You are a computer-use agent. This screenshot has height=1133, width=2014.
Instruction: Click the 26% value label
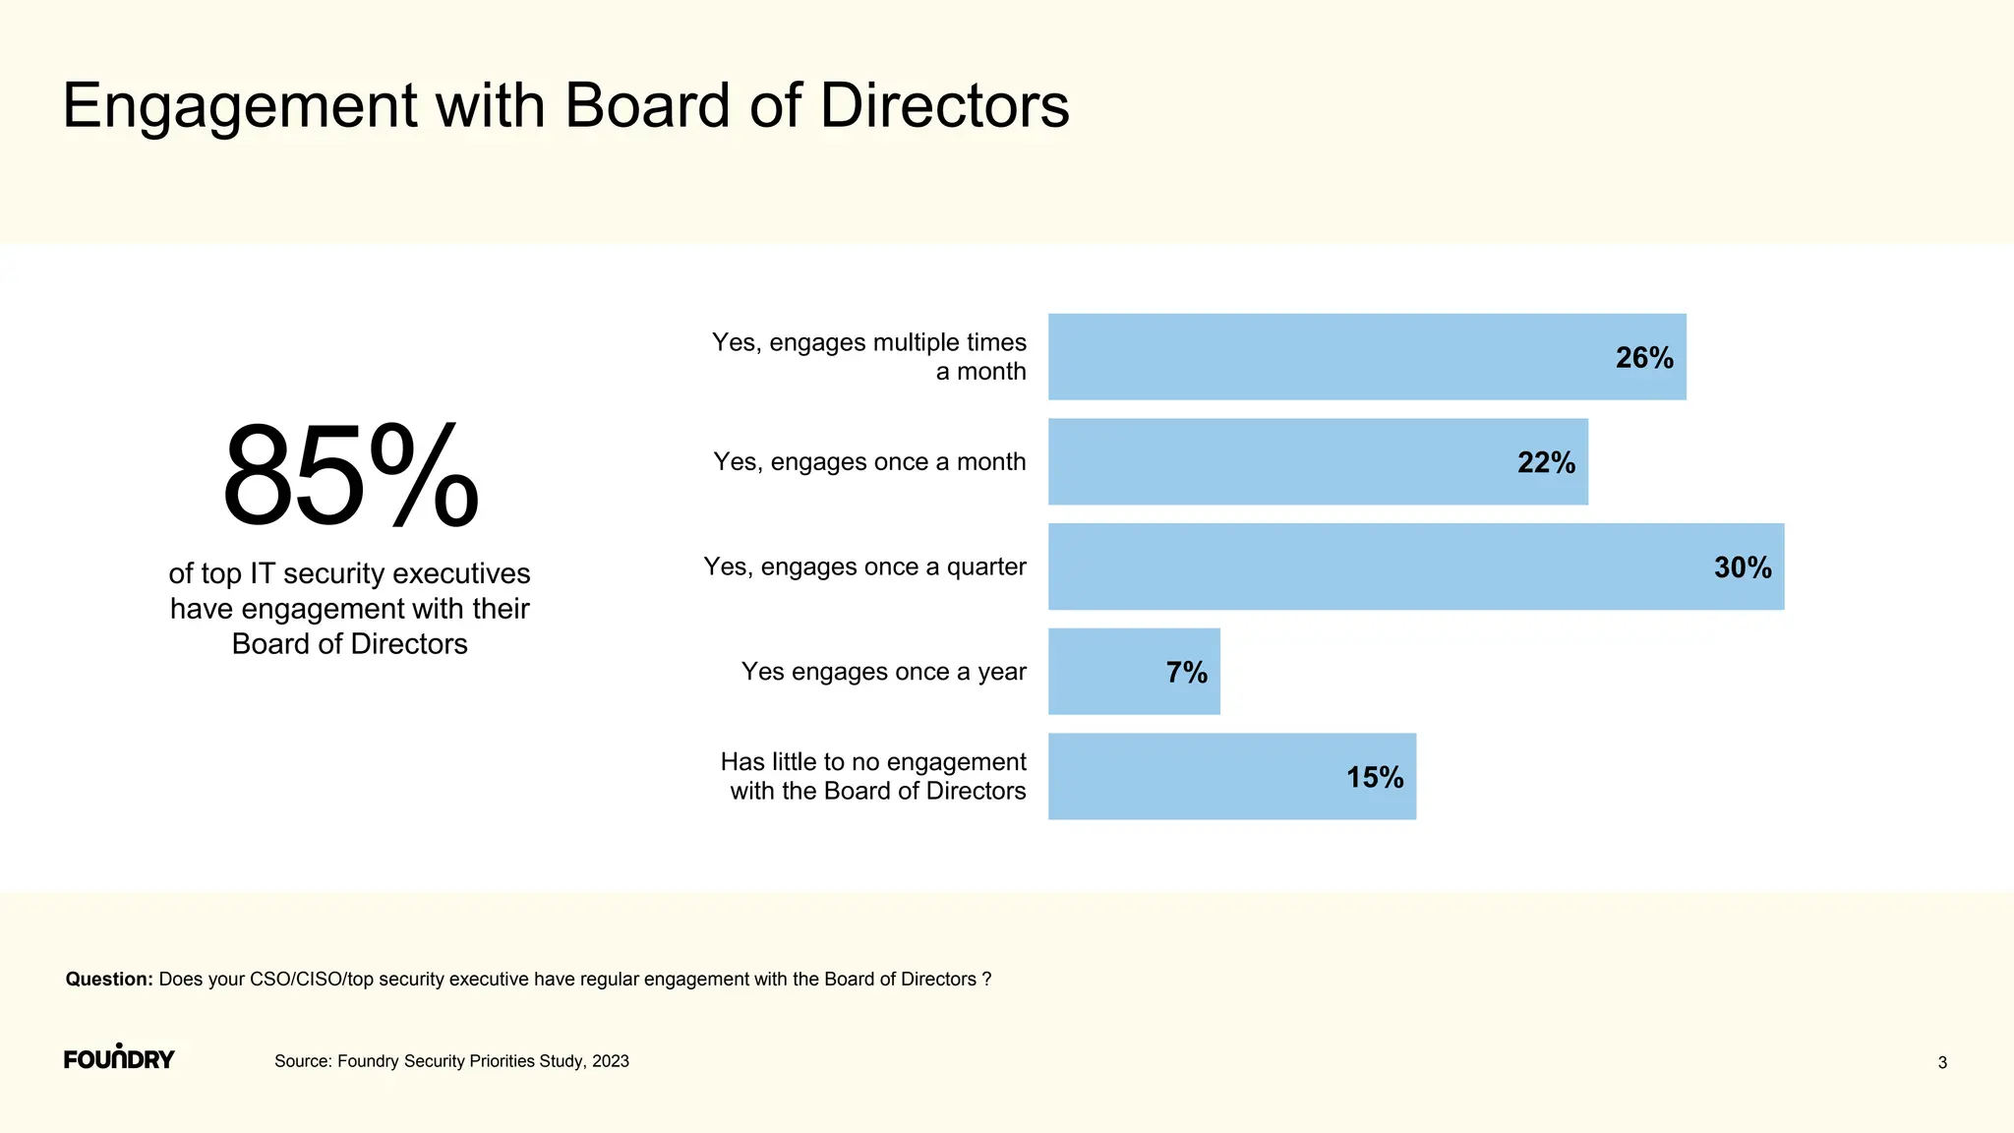pyautogui.click(x=1644, y=358)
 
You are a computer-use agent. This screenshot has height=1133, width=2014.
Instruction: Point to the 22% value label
pyautogui.click(x=1546, y=463)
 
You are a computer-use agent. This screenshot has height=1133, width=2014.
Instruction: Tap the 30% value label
pyautogui.click(x=1743, y=568)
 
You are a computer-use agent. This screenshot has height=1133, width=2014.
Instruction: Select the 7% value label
pyautogui.click(x=1186, y=673)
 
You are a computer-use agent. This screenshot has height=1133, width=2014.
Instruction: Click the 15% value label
pyautogui.click(x=1375, y=778)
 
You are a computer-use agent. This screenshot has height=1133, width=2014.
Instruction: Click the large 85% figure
pyautogui.click(x=350, y=477)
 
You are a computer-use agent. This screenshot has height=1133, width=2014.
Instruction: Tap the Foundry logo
pyautogui.click(x=119, y=1058)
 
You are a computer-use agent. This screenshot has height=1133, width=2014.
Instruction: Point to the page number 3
pyautogui.click(x=1942, y=1062)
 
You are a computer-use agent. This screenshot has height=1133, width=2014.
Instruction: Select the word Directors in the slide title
pyautogui.click(x=944, y=105)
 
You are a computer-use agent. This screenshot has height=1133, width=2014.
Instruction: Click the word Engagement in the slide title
pyautogui.click(x=240, y=106)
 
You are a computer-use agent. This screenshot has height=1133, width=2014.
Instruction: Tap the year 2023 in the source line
pyautogui.click(x=611, y=1061)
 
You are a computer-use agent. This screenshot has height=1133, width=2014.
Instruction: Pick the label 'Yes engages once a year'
pyautogui.click(x=883, y=672)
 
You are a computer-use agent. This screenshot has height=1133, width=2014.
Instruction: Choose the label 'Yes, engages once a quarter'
pyautogui.click(x=864, y=567)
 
